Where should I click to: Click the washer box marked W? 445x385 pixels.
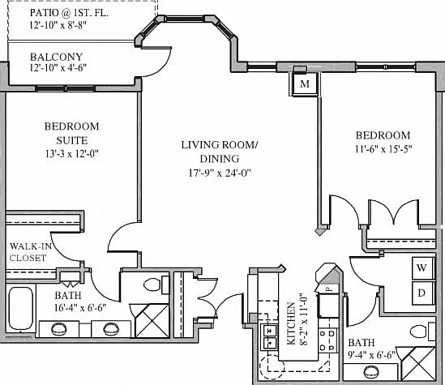click(422, 268)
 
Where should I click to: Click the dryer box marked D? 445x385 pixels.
click(422, 293)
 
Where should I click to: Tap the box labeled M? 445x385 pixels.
click(305, 84)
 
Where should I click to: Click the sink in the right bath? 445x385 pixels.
click(371, 371)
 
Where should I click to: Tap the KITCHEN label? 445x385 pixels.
click(292, 323)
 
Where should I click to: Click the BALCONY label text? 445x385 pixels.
click(57, 57)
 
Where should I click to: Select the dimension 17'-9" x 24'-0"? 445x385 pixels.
click(220, 173)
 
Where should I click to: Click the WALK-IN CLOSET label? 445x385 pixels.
click(30, 252)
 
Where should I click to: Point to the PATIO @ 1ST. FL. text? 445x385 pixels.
click(69, 13)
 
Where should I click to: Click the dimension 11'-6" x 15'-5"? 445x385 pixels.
click(383, 149)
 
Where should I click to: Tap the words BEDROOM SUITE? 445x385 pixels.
click(72, 134)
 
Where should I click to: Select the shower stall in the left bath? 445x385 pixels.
click(152, 321)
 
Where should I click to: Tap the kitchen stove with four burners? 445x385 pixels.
click(328, 340)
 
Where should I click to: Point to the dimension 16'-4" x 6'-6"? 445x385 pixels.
click(80, 308)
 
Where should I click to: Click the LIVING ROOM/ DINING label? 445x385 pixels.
click(220, 152)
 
